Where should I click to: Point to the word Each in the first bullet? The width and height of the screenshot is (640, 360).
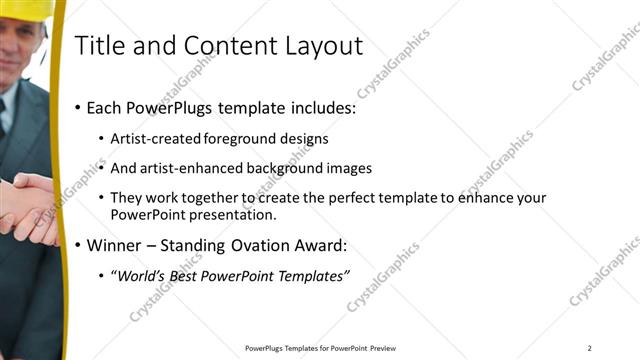106,108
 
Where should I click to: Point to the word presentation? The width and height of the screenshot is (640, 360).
238,215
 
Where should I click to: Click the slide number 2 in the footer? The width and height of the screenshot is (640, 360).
590,348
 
